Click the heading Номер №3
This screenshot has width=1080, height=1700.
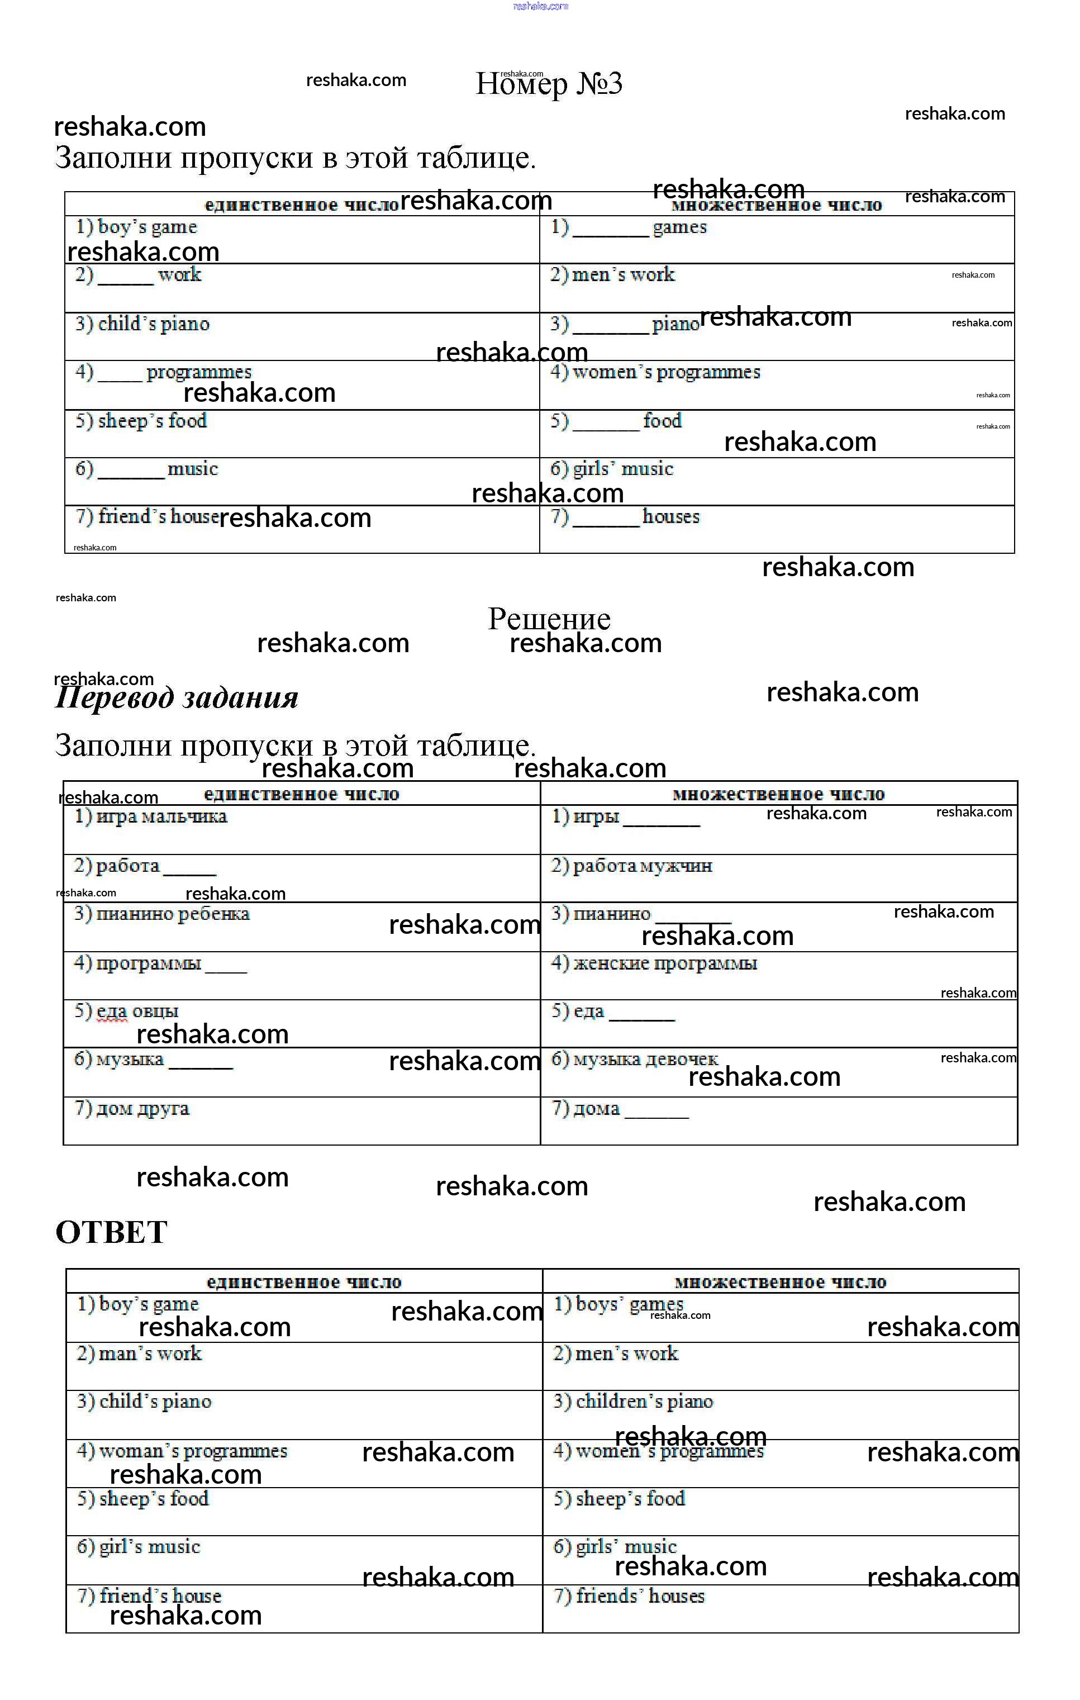coord(549,84)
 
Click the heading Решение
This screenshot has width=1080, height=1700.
coord(549,619)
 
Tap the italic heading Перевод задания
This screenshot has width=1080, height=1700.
coord(177,698)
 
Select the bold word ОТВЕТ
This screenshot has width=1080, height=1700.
coord(112,1233)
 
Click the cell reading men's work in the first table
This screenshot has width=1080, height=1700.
coord(613,274)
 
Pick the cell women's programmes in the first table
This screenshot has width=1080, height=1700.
coord(655,372)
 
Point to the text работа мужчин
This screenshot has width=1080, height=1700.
coord(632,866)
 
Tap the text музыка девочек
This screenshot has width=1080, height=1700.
coord(635,1059)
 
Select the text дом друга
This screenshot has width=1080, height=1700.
coord(132,1108)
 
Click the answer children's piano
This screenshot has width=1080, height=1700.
coord(633,1402)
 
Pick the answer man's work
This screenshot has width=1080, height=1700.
coord(139,1354)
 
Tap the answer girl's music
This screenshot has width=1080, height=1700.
coord(139,1547)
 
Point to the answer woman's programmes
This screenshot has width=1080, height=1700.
coord(182,1451)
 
